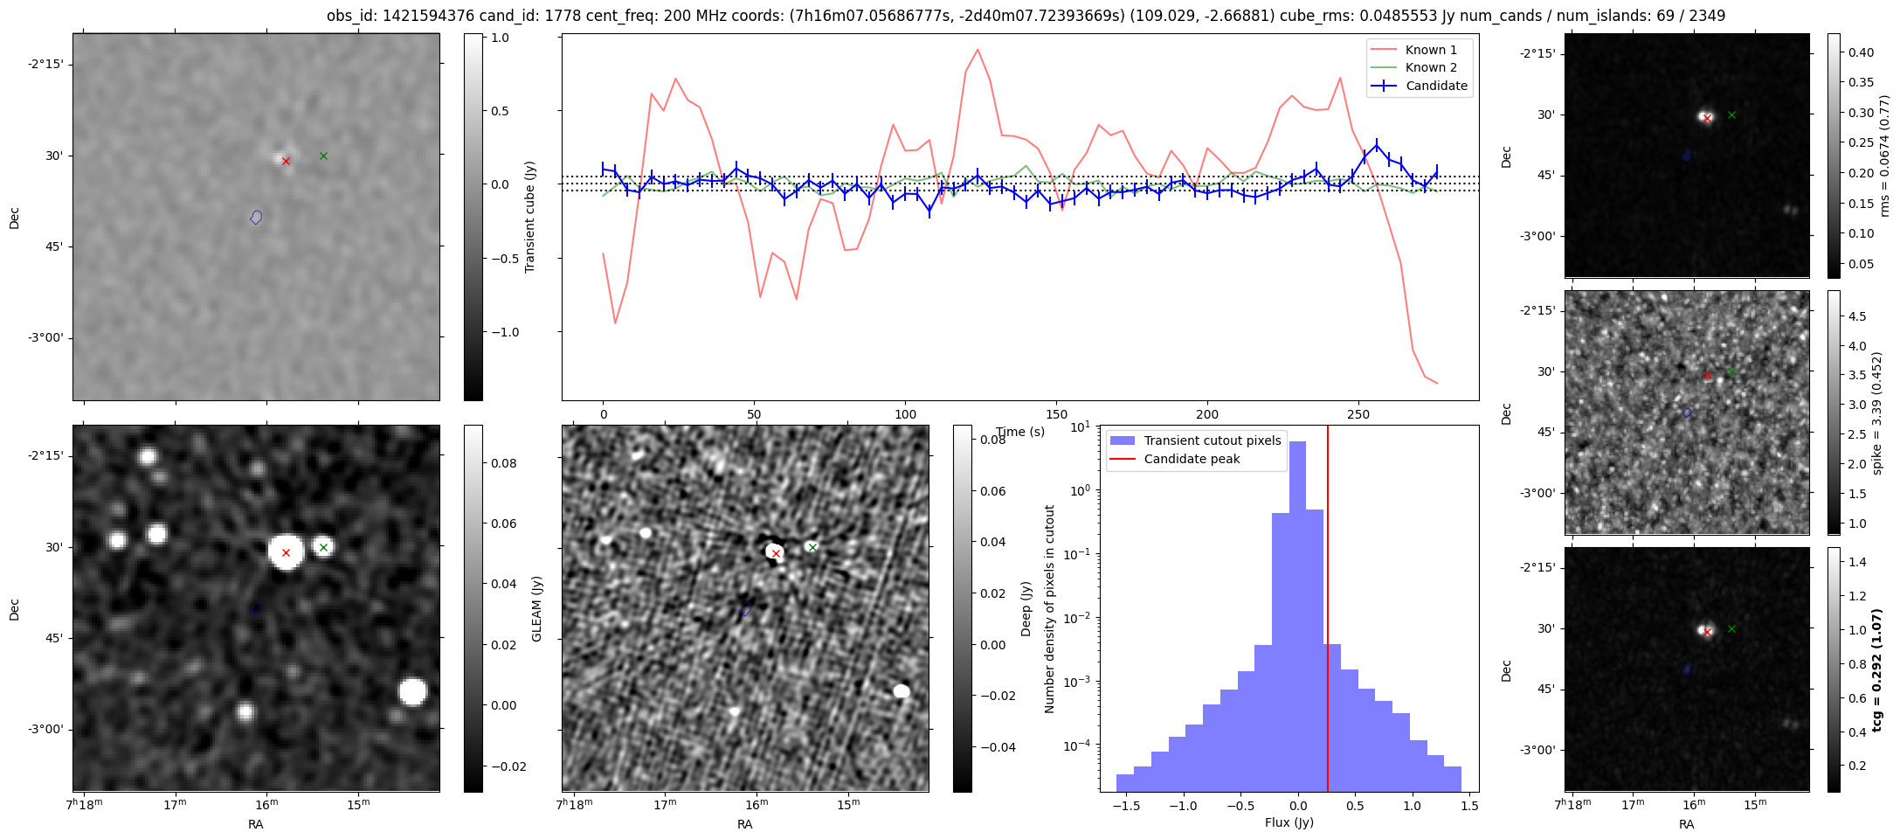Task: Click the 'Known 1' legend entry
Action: (x=1414, y=50)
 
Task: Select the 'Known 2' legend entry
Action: (x=1414, y=67)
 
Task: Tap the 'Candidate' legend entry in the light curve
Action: (x=1420, y=86)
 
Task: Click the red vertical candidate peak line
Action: (x=1328, y=608)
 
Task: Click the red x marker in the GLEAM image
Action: (x=286, y=552)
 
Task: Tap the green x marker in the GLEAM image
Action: (x=323, y=547)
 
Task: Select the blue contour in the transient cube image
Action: (x=256, y=217)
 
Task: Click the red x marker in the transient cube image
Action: (x=286, y=161)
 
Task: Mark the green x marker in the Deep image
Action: (x=812, y=547)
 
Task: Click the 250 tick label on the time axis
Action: (x=1358, y=414)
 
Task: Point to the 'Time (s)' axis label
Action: (x=1020, y=432)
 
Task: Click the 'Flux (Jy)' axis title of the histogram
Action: (x=1289, y=822)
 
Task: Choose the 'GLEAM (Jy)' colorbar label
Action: (x=537, y=608)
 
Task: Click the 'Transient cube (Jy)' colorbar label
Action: (x=529, y=217)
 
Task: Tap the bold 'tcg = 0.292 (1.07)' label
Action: (x=1876, y=669)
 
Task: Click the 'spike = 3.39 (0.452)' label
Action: (x=1876, y=413)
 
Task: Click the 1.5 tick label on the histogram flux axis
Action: (x=1468, y=806)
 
